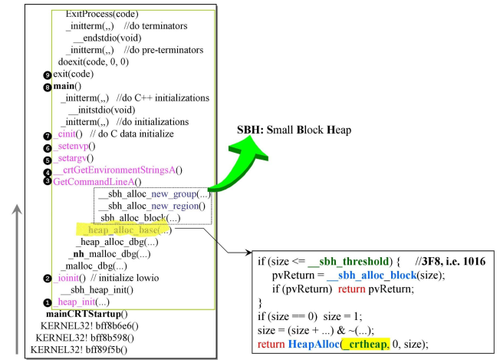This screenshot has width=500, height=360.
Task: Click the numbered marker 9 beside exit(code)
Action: pos(48,74)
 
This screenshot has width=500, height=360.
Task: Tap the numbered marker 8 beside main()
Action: pos(48,87)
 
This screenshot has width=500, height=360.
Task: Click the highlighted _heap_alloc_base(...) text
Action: pos(126,230)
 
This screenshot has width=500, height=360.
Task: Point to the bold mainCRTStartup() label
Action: pos(87,314)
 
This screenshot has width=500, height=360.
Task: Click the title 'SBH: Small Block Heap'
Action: pos(294,130)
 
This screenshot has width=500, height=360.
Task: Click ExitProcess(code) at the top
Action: pos(103,14)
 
